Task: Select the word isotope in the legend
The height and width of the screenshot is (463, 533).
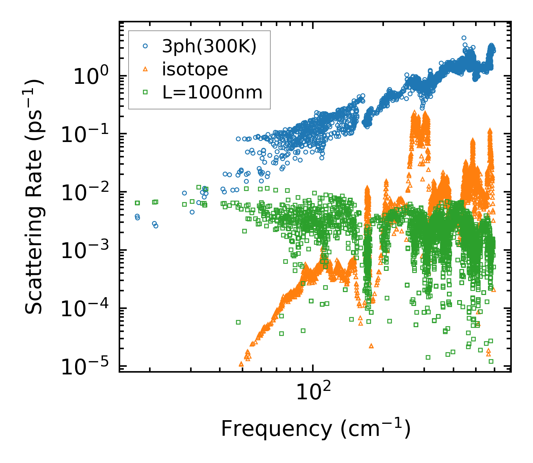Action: click(195, 69)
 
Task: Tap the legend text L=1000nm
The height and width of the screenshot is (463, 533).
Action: click(212, 93)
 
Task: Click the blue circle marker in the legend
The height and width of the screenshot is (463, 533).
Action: click(145, 46)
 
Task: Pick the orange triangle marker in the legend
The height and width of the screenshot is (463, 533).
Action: click(145, 69)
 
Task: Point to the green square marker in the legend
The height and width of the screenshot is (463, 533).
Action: click(145, 92)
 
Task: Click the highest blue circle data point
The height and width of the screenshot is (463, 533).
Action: click(464, 38)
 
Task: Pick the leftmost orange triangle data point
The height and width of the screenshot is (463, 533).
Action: click(241, 364)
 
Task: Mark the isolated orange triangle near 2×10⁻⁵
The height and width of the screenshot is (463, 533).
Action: click(371, 346)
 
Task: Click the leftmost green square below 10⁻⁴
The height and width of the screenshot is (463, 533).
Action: click(238, 322)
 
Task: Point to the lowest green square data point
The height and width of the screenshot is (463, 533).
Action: click(491, 361)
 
